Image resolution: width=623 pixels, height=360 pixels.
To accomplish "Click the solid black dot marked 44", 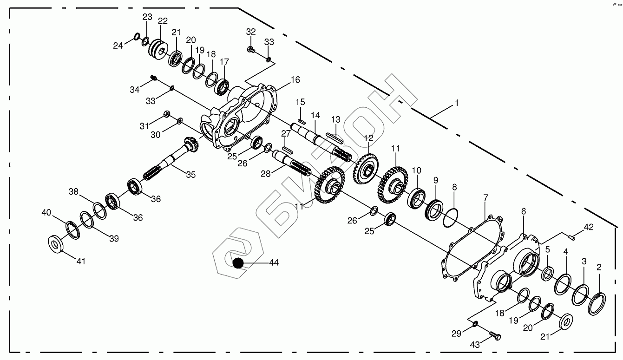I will tap(238, 263).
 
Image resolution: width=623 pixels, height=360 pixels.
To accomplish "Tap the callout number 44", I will tap(274, 263).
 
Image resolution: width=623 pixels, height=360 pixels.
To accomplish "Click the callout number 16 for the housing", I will tap(295, 80).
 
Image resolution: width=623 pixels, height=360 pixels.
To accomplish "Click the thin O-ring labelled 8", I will tap(449, 216).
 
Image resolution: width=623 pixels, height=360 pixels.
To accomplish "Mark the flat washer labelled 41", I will tap(56, 243).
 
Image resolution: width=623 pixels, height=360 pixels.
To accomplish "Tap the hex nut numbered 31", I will tap(166, 114).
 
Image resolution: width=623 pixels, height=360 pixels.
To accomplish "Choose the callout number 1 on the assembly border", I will tap(456, 103).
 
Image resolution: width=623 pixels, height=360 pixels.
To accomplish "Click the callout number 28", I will tap(265, 174).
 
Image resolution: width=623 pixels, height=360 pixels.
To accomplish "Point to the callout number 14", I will tap(316, 115).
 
